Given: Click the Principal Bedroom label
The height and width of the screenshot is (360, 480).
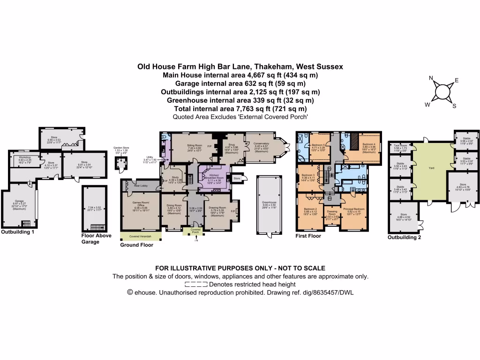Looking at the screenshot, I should [x=355, y=209].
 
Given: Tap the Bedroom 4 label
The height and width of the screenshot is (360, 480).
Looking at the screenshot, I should [x=368, y=144].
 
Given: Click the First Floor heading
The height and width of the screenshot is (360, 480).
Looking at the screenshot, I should [x=308, y=236].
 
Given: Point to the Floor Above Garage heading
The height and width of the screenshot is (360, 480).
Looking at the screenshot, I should [x=97, y=239].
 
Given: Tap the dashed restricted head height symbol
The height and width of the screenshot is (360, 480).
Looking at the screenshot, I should [x=196, y=284].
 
